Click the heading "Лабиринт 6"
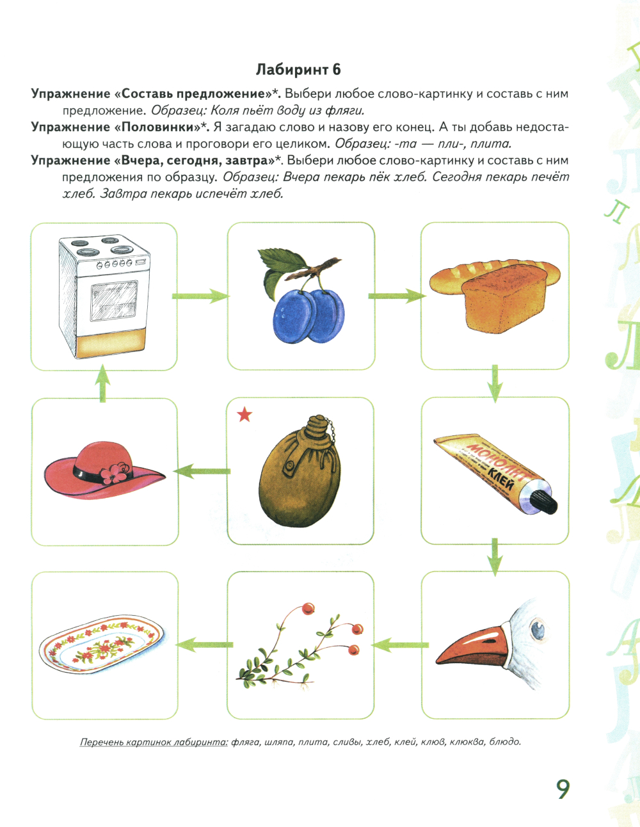[298, 70]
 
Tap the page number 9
[563, 789]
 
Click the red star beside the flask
[244, 415]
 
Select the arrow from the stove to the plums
[200, 296]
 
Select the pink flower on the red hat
[115, 472]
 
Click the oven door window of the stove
[114, 301]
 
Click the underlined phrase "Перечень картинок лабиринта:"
[154, 742]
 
